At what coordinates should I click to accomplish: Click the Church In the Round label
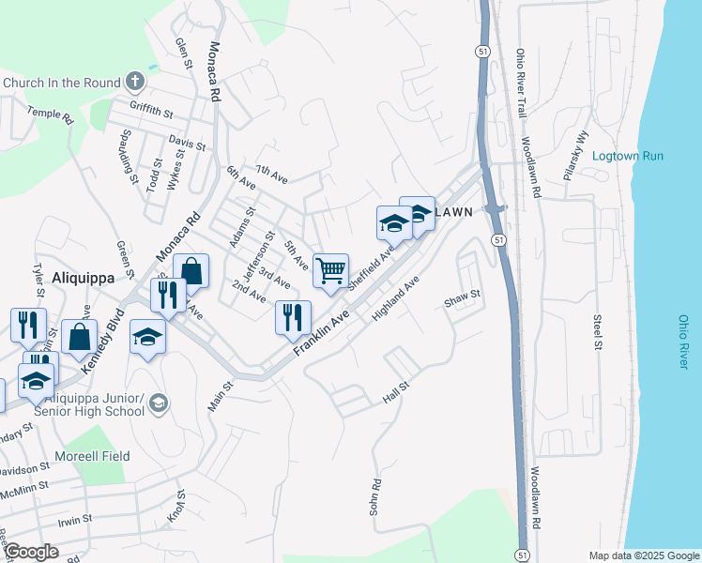(63, 83)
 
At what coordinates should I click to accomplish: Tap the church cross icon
(135, 82)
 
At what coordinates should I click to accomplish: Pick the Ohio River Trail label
(522, 84)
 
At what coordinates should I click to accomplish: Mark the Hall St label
(398, 393)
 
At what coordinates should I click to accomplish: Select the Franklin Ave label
(321, 333)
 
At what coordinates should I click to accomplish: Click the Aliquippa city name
(82, 279)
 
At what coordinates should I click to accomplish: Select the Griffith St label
(152, 113)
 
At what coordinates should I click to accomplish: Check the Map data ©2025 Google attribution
(643, 555)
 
